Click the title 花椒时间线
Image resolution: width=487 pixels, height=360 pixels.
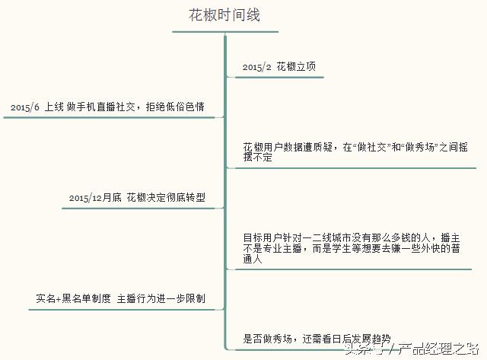pos(224,15)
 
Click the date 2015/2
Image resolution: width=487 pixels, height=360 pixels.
pos(257,67)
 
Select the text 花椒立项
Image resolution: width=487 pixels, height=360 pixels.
pos(296,66)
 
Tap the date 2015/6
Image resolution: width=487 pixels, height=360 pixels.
pos(25,107)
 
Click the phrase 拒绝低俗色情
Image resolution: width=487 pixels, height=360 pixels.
pos(175,107)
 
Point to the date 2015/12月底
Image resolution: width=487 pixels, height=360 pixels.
pos(95,198)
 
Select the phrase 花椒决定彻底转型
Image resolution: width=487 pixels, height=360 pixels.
pos(166,198)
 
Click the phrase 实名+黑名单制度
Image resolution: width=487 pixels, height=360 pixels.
pos(73,298)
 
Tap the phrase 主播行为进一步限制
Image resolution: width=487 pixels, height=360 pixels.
pos(161,298)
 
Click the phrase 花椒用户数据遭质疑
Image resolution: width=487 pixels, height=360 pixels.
pos(288,147)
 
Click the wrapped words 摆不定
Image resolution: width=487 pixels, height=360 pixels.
pos(257,158)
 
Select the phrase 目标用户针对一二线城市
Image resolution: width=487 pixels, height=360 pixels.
pos(298,238)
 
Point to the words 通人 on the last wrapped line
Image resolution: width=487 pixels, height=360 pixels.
pos(253,259)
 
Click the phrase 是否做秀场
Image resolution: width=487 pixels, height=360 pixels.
pos(267,339)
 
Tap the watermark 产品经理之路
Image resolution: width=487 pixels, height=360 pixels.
pos(438,349)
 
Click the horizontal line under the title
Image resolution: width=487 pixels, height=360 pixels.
pos(225,32)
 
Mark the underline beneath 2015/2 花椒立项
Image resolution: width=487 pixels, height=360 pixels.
pos(279,77)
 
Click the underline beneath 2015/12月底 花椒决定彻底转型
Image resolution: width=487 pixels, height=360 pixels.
pos(138,208)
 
